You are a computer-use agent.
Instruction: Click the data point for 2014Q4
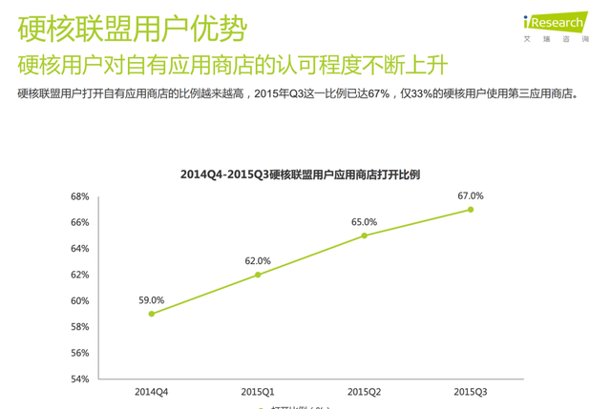point(152,314)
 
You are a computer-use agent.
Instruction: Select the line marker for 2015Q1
point(258,275)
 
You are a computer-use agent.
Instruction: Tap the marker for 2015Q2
point(364,235)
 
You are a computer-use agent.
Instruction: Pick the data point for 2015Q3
point(471,210)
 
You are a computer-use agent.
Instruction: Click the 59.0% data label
point(152,299)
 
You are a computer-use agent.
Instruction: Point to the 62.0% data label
point(258,260)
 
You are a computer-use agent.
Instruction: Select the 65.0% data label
point(364,221)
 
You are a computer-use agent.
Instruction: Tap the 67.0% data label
point(471,195)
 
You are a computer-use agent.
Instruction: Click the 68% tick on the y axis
point(79,196)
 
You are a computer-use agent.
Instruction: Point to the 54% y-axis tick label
point(79,378)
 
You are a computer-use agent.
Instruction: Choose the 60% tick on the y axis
point(79,300)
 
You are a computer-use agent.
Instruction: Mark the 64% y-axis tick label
point(79,249)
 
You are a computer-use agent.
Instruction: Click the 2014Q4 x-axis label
point(152,392)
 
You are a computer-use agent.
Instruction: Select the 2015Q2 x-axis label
point(364,392)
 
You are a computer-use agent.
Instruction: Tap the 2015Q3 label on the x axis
point(471,392)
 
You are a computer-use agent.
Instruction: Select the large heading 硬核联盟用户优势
point(131,29)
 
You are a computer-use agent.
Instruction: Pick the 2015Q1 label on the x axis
point(258,392)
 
